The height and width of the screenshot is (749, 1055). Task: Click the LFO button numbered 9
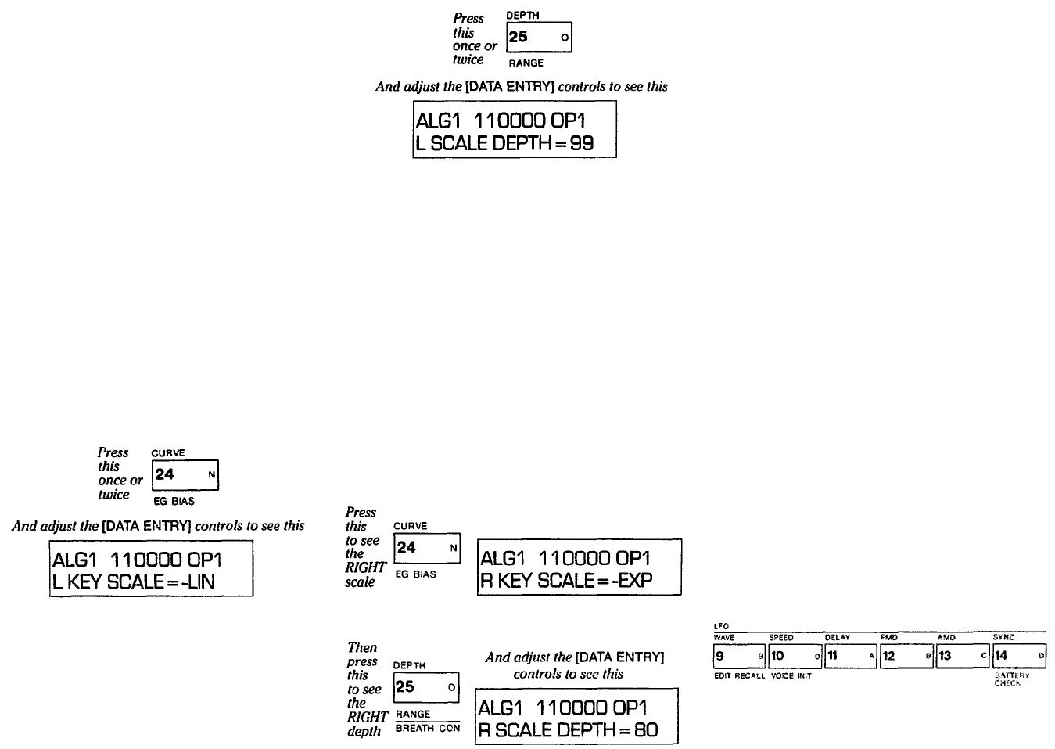pyautogui.click(x=738, y=656)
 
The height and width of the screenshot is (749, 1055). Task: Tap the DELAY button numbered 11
pyautogui.click(x=851, y=656)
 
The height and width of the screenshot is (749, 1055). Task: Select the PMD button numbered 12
pyautogui.click(x=906, y=656)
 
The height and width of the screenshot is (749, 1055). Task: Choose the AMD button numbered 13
pyautogui.click(x=963, y=656)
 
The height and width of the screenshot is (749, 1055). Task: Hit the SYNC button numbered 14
pyautogui.click(x=1019, y=656)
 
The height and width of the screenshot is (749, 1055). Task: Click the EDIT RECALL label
pyautogui.click(x=739, y=675)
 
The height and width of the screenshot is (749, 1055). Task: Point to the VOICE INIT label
pyautogui.click(x=791, y=675)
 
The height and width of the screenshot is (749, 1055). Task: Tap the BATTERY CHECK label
pyautogui.click(x=1012, y=679)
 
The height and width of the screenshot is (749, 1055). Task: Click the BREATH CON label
pyautogui.click(x=428, y=729)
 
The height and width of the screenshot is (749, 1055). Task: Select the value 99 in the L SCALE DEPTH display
pyautogui.click(x=582, y=144)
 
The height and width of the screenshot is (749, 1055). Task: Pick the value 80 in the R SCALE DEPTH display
pyautogui.click(x=646, y=731)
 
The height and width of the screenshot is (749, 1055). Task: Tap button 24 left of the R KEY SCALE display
pyautogui.click(x=426, y=548)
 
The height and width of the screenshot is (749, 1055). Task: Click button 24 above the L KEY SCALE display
pyautogui.click(x=185, y=474)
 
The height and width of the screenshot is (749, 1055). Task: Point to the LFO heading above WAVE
pyautogui.click(x=721, y=626)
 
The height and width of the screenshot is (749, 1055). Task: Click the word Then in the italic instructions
pyautogui.click(x=362, y=647)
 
